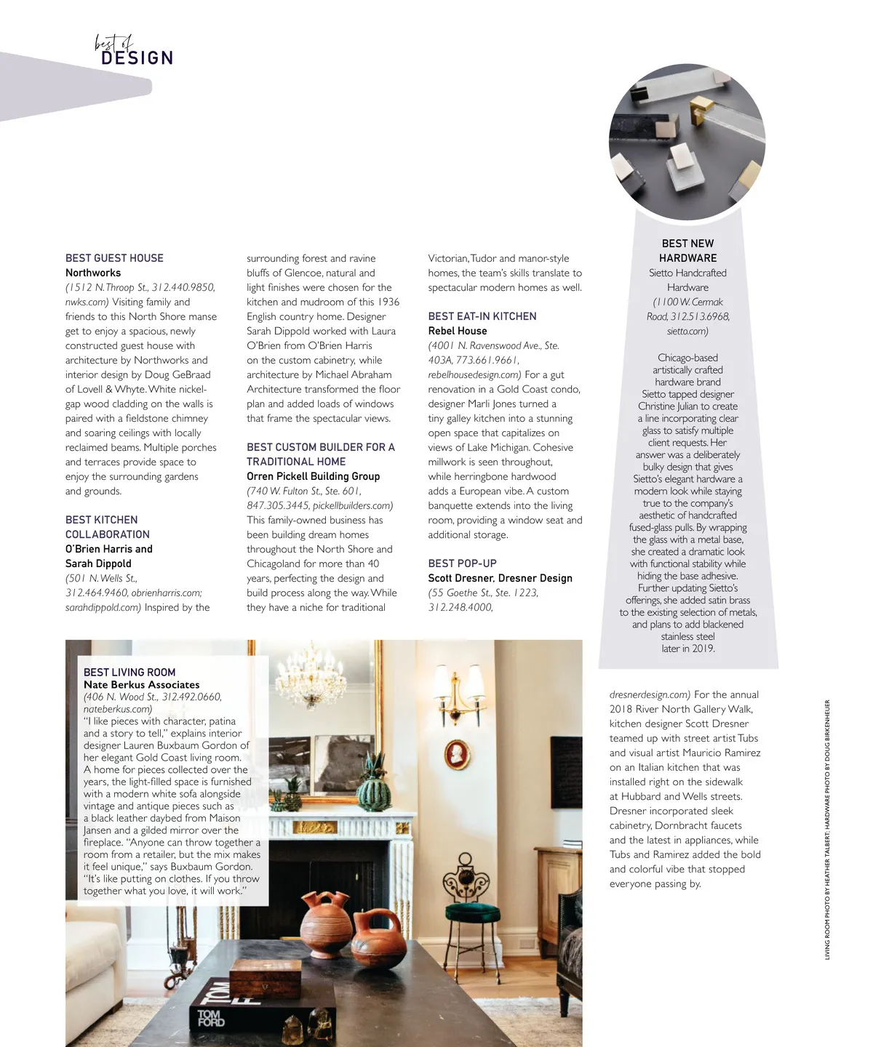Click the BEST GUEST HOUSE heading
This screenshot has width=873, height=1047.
tap(114, 258)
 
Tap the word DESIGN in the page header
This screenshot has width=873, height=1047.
tap(137, 58)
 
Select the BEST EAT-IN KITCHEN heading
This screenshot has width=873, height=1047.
tap(482, 316)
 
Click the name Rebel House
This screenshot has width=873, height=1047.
tap(458, 331)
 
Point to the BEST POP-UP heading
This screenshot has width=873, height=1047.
tap(463, 563)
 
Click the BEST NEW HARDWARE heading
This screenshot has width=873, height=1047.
tap(687, 251)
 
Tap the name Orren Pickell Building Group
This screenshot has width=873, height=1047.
tap(314, 476)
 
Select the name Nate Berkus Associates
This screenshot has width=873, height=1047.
tap(141, 685)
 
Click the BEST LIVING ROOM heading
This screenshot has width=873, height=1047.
tap(129, 673)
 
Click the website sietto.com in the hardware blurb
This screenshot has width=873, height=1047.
tap(687, 331)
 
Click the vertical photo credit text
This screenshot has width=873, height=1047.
tap(827, 829)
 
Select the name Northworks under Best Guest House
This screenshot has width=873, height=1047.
tap(93, 273)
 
